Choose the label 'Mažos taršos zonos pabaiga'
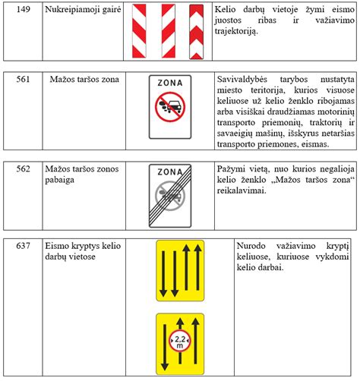tap(81, 174)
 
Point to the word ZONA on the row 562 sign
tap(170, 172)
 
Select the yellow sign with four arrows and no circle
tap(180, 271)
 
